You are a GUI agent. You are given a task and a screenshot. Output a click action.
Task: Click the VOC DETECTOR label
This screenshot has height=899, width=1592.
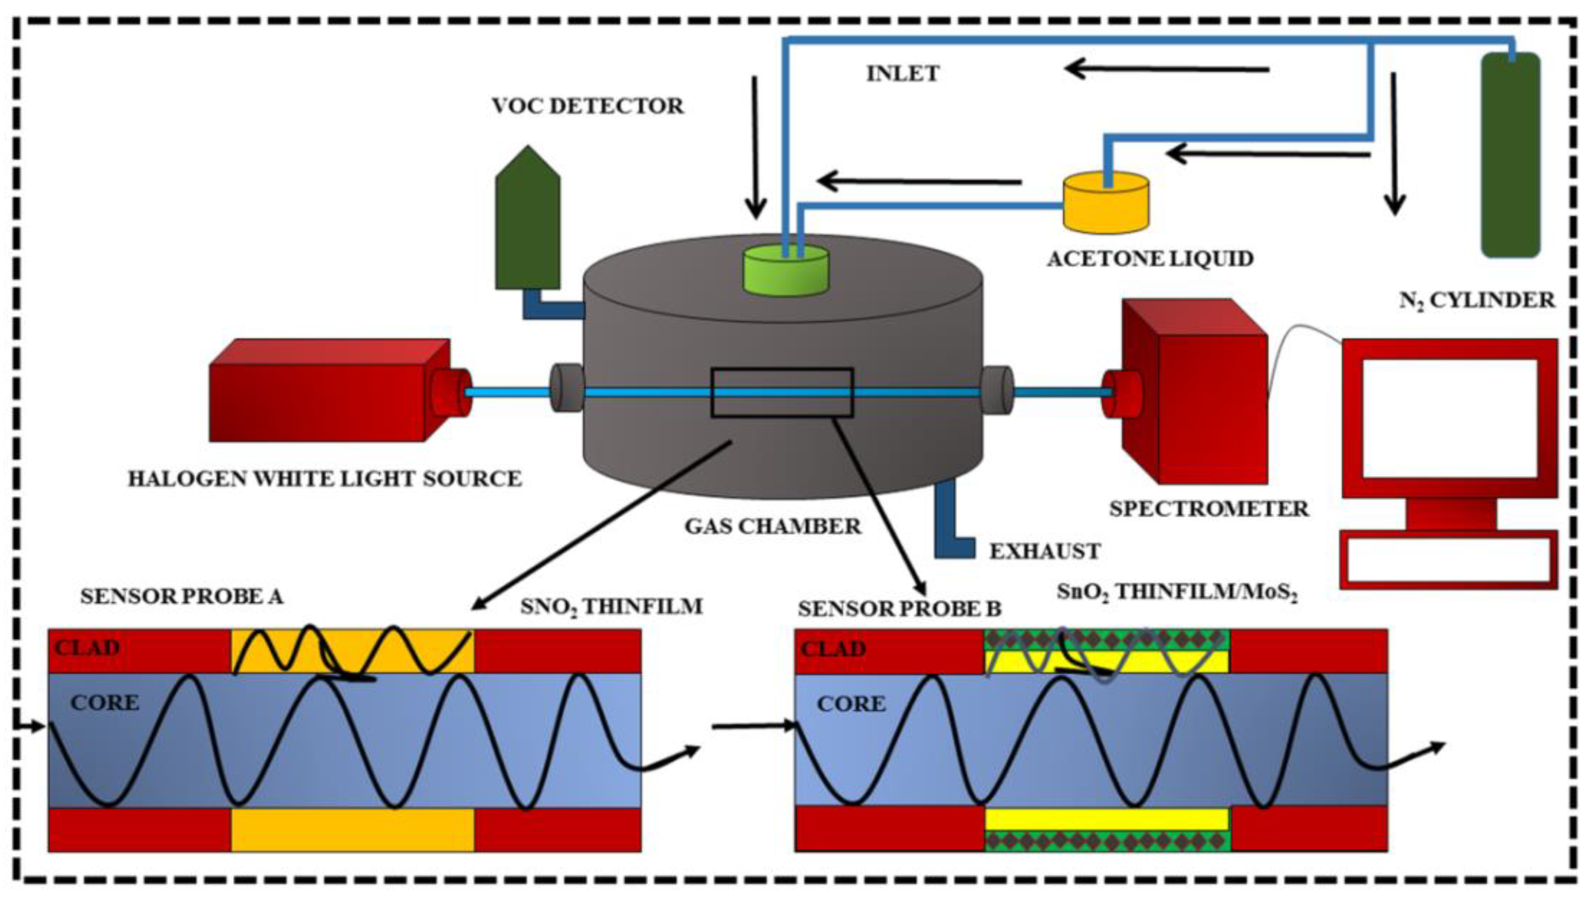click(x=588, y=106)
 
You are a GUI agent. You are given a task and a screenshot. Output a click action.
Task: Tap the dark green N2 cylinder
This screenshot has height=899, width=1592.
click(x=1510, y=155)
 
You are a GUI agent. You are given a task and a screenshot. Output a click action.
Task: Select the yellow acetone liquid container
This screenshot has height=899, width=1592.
click(x=1105, y=204)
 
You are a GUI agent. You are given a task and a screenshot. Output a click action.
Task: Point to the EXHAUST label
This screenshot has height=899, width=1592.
click(x=1045, y=551)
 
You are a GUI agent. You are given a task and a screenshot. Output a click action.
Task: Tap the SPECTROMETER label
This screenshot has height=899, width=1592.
click(x=1209, y=508)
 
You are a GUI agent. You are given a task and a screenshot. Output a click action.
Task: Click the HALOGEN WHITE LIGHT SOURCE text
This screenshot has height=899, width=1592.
click(x=325, y=479)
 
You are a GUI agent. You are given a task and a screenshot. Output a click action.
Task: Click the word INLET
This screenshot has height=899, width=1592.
click(x=902, y=73)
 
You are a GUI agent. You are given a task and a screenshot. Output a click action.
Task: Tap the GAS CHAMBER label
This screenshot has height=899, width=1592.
click(x=773, y=526)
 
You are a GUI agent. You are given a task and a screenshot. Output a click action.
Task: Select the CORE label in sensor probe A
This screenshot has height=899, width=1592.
click(x=104, y=703)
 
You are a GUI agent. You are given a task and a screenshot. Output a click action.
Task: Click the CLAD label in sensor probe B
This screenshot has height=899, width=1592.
click(x=833, y=649)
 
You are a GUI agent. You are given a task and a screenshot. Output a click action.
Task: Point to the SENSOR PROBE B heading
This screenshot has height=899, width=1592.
click(x=899, y=609)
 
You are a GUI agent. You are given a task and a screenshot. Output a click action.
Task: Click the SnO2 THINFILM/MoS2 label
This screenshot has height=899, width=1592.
click(x=1177, y=592)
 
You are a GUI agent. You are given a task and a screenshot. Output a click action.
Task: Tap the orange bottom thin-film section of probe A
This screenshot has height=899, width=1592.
click(x=352, y=830)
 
